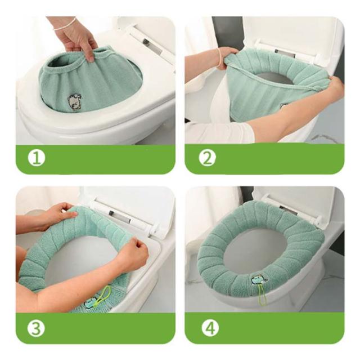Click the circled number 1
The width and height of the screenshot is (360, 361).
[37, 158]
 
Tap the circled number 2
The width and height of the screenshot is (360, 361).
[208, 158]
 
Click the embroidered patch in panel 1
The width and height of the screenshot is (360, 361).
[74, 102]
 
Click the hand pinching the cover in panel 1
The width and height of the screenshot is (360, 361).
[77, 39]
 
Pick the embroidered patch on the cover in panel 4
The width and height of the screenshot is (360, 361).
[259, 279]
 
